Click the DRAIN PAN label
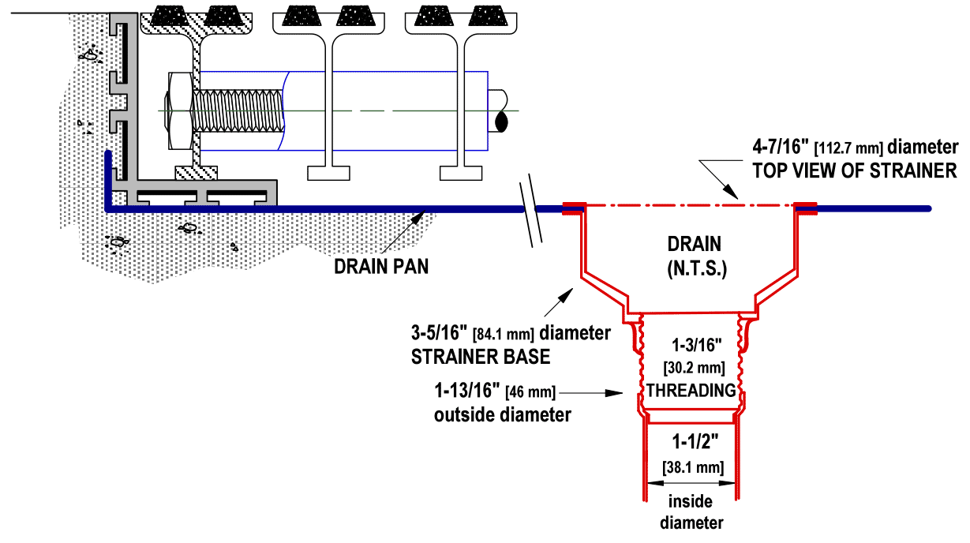pyautogui.click(x=381, y=266)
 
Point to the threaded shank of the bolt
pyautogui.click(x=242, y=111)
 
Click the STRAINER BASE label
pyautogui.click(x=481, y=357)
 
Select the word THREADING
pyautogui.click(x=691, y=390)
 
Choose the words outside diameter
pyautogui.click(x=502, y=414)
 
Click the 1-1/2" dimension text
pyautogui.click(x=691, y=443)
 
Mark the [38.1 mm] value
pyautogui.click(x=691, y=466)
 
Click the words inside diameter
pyautogui.click(x=691, y=511)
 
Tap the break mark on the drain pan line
pyautogui.click(x=529, y=209)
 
